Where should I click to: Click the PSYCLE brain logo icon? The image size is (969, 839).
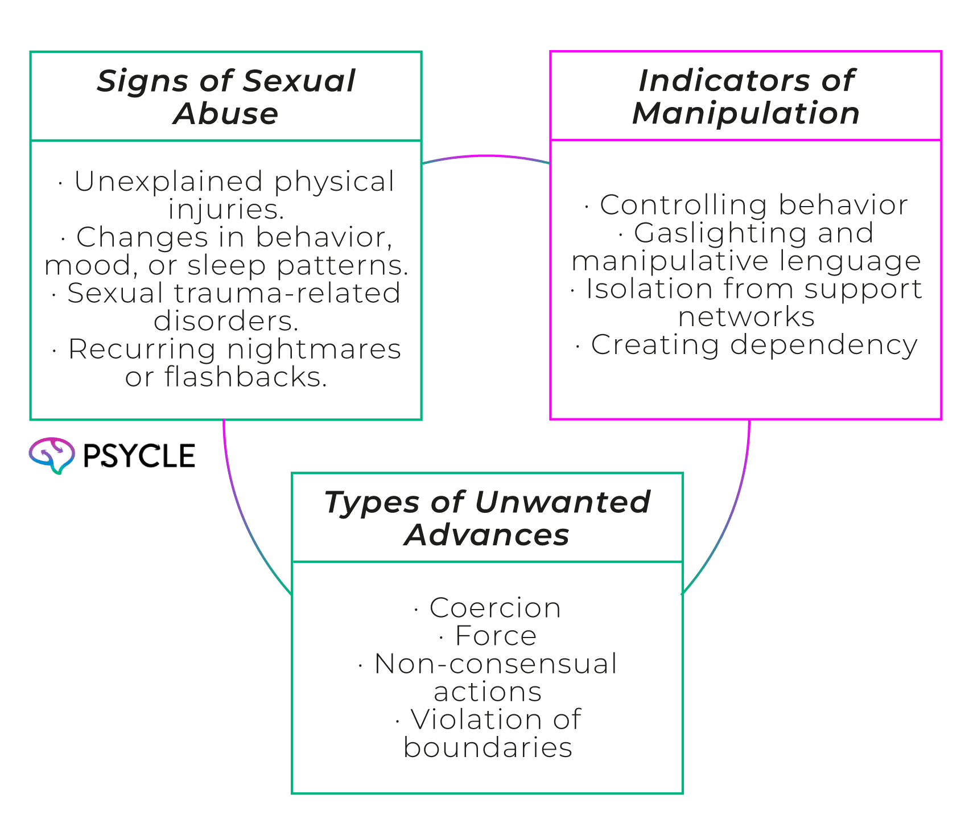tap(52, 455)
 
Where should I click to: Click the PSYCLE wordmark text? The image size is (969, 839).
tap(139, 456)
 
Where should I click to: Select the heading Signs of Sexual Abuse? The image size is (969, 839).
tap(226, 97)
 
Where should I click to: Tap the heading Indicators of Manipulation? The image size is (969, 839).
tap(746, 97)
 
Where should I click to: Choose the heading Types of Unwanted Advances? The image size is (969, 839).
tap(487, 519)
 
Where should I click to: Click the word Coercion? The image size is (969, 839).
tap(495, 608)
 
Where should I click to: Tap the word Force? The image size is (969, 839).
tap(496, 636)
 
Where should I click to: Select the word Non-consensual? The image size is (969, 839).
tap(496, 664)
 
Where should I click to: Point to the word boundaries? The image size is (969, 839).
tap(488, 747)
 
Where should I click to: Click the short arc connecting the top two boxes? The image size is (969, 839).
tap(486, 156)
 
